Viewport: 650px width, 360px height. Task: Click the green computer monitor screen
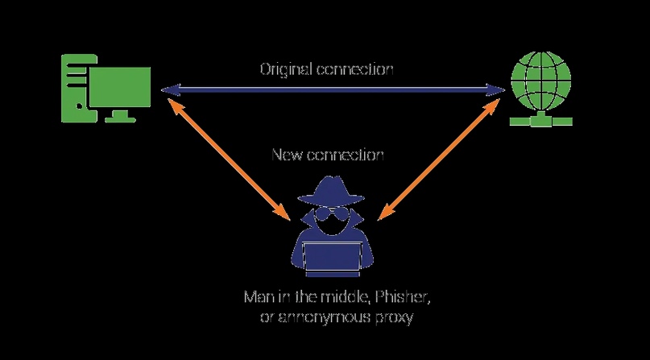coord(120,87)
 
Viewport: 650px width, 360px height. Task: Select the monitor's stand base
coord(120,119)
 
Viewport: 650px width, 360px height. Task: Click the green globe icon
coord(541,81)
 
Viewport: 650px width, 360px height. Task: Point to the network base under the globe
coord(541,120)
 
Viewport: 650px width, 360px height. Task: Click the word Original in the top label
coord(286,69)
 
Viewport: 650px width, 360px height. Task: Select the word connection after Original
coord(355,69)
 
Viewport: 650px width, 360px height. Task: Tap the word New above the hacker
coord(288,155)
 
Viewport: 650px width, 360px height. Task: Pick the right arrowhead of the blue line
coord(495,89)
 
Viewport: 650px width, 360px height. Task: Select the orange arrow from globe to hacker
coord(439,159)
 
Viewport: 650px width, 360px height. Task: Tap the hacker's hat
coord(331,192)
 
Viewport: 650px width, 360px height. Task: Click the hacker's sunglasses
coord(331,214)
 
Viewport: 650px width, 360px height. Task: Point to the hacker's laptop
coord(332,260)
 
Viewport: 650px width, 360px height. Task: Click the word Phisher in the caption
coord(402,297)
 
